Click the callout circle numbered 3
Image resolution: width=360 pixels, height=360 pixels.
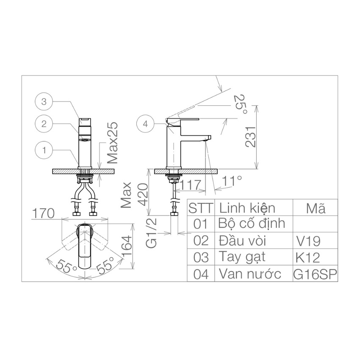click(x=44, y=102)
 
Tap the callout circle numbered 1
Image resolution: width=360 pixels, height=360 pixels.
click(x=44, y=150)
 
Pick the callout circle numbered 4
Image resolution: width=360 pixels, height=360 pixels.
click(x=146, y=124)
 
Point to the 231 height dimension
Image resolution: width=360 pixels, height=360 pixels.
click(x=251, y=136)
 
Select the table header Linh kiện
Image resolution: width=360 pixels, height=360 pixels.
click(x=246, y=208)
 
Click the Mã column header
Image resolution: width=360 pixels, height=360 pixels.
click(x=316, y=208)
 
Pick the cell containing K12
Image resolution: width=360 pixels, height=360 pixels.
click(x=308, y=257)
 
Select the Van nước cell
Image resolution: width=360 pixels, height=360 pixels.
click(x=249, y=274)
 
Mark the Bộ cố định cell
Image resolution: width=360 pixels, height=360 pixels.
click(x=252, y=223)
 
